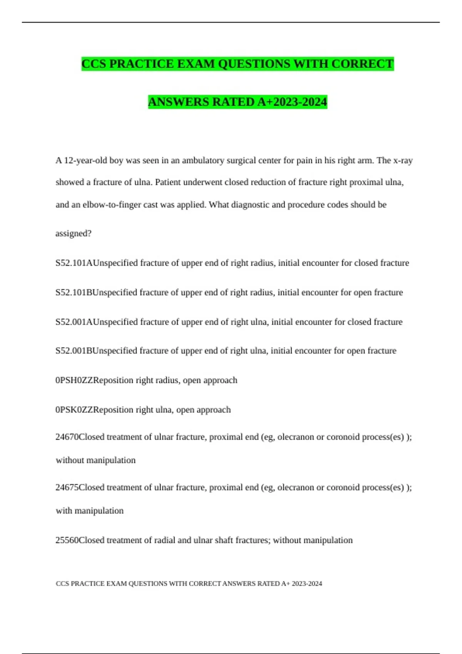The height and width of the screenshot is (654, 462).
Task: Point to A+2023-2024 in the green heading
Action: coord(292,102)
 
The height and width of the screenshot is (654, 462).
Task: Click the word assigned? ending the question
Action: coord(74,234)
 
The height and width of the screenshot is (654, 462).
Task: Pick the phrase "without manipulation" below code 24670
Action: coord(95,460)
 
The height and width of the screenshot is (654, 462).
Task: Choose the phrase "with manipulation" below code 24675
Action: coord(90,511)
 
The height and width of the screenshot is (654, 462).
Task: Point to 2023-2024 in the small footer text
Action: coord(307,584)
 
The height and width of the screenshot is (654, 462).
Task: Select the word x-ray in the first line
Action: coord(403,160)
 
